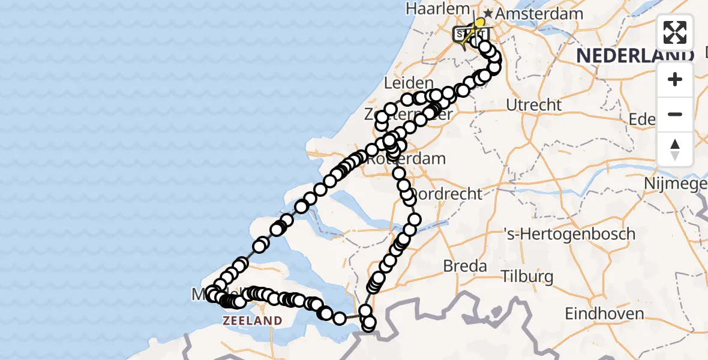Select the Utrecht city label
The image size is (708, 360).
point(534,105)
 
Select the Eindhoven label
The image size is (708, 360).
point(604,313)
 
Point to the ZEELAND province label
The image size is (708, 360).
point(252,320)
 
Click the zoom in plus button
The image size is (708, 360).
point(675,79)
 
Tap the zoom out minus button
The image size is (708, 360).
point(675,114)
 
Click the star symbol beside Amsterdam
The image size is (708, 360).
point(488,13)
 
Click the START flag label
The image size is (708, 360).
point(465,34)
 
